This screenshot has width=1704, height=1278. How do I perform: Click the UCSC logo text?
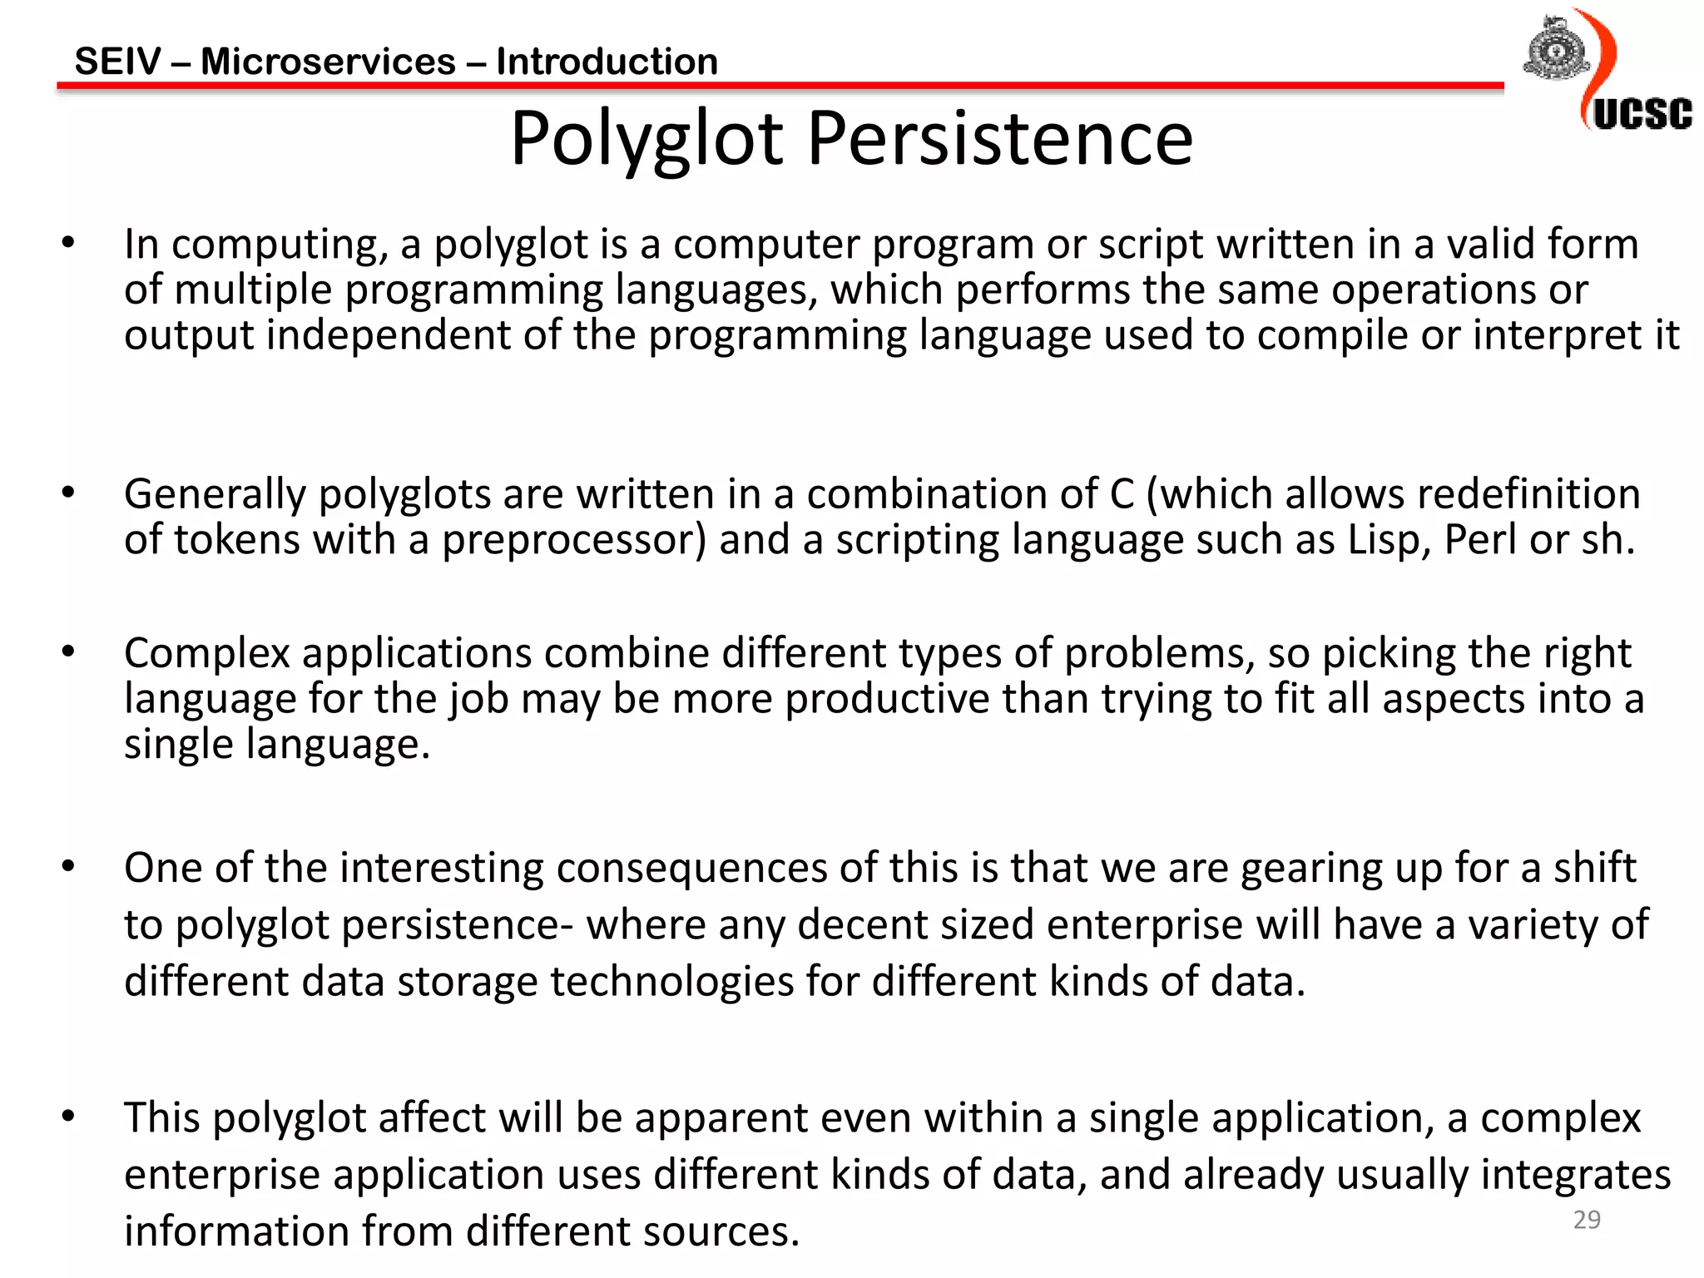coord(1642,115)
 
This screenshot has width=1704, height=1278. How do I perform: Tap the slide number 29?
coord(1587,1220)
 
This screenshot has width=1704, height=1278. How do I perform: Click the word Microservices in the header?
coord(328,62)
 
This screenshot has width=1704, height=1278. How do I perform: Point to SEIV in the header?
coord(118,62)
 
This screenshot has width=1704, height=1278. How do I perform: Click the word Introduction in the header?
coord(607,62)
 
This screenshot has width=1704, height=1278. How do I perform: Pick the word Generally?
coord(215,495)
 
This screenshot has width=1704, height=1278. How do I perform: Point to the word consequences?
coord(691,868)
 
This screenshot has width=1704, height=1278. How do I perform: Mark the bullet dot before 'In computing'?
coord(68,244)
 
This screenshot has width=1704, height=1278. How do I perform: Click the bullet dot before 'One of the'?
coord(68,867)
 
